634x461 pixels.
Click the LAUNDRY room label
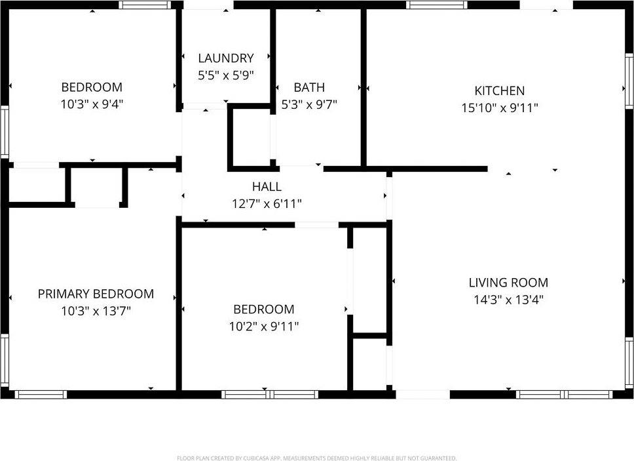(225, 58)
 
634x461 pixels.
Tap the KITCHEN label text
(499, 90)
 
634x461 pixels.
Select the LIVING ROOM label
(508, 283)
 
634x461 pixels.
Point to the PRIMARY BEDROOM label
(96, 294)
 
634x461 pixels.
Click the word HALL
(267, 187)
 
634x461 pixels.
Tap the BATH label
(309, 87)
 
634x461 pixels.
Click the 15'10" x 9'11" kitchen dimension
(500, 108)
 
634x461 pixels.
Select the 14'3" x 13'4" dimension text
(508, 300)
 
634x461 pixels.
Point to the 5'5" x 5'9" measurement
(225, 75)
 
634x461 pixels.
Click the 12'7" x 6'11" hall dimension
(267, 203)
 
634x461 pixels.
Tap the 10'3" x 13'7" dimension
(96, 311)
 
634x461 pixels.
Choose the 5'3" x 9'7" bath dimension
(309, 105)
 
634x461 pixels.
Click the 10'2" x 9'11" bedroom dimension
(264, 326)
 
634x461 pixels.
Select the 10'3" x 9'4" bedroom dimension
(92, 104)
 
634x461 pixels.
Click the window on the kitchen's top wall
(437, 5)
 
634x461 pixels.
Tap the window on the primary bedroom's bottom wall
(41, 395)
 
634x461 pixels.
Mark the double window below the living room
(565, 395)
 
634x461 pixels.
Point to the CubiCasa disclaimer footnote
(316, 458)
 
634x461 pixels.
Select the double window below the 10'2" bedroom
(270, 395)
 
